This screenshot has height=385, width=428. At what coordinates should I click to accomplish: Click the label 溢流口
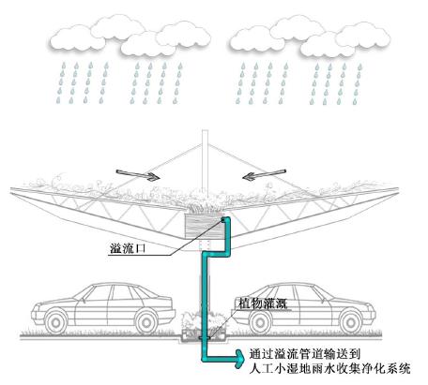coord(128,248)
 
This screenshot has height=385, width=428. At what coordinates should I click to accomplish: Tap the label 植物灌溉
coord(263,304)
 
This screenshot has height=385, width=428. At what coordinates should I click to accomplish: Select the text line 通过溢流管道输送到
coord(305,354)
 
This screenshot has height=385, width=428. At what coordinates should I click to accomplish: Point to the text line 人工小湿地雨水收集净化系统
coord(329,368)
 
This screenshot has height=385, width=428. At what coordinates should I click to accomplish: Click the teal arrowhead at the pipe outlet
coord(240,359)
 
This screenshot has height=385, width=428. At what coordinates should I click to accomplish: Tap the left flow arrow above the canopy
coord(138,175)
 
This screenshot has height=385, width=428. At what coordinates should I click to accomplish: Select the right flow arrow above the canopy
coord(265,175)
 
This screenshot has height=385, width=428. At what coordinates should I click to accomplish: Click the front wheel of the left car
coord(56,320)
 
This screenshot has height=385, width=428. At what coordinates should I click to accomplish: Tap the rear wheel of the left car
coord(146,320)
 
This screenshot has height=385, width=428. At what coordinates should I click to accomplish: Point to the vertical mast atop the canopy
coord(205,161)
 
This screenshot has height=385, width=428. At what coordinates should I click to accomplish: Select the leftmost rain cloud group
coord(130,36)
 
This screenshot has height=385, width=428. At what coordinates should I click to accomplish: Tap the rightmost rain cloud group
coord(310,36)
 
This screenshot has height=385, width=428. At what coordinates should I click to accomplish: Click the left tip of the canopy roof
coord(10,189)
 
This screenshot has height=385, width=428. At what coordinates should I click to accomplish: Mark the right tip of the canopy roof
coord(399,188)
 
